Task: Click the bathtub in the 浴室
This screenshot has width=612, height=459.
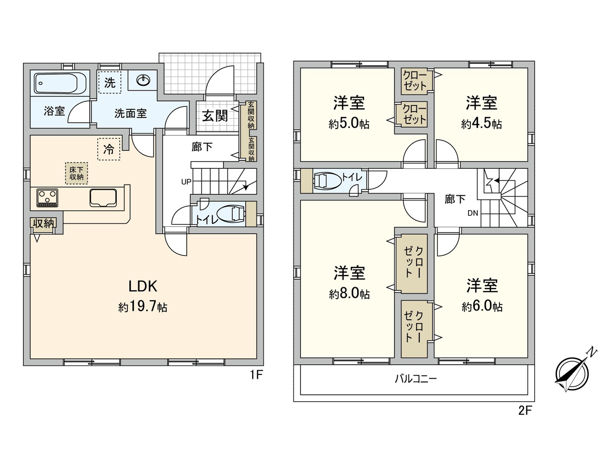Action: click(x=60, y=83)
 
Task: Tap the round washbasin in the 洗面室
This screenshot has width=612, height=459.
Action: click(x=143, y=80)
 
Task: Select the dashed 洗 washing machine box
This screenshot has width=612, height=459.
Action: click(x=110, y=82)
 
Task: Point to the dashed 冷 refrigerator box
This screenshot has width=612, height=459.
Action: click(x=109, y=149)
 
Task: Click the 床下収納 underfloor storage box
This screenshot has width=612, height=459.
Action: click(x=76, y=173)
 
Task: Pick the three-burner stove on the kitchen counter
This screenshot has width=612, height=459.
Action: click(x=47, y=198)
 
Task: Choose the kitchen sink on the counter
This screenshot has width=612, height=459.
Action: click(x=103, y=198)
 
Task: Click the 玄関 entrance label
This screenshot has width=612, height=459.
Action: click(x=215, y=116)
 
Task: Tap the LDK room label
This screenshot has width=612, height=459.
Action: click(x=143, y=286)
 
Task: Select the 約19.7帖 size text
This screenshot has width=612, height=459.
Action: click(x=143, y=308)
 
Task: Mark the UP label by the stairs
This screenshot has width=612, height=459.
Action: click(x=186, y=182)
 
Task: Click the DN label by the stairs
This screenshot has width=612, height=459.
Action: click(x=473, y=213)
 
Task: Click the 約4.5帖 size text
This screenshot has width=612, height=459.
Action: click(x=482, y=124)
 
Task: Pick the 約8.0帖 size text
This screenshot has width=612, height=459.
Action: click(x=349, y=294)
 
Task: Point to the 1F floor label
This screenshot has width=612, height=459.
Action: click(x=256, y=375)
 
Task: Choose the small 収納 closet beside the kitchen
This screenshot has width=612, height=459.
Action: click(x=44, y=223)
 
